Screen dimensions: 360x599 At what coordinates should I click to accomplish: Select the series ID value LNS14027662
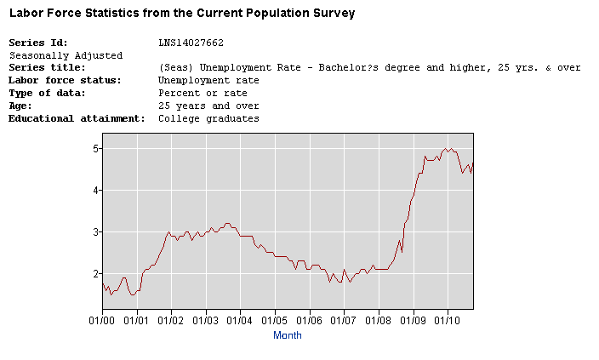pyautogui.click(x=191, y=43)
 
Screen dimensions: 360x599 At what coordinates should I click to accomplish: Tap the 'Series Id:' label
pyautogui.click(x=38, y=43)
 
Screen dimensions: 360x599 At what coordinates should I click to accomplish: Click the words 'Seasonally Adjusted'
pyautogui.click(x=66, y=55)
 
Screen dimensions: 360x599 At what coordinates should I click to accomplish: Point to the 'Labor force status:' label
pyautogui.click(x=65, y=80)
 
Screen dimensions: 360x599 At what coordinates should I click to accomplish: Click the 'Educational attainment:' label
pyautogui.click(x=77, y=118)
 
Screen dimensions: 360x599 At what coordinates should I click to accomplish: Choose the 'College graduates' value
pyautogui.click(x=208, y=118)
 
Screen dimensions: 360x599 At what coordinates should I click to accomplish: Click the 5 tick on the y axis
pyautogui.click(x=98, y=149)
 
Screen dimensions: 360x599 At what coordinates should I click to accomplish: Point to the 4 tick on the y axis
pyautogui.click(x=98, y=191)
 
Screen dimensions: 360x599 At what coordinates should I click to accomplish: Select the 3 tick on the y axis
pyautogui.click(x=98, y=232)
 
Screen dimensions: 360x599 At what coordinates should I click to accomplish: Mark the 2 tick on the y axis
pyautogui.click(x=98, y=274)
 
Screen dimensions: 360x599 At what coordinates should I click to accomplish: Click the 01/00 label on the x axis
pyautogui.click(x=102, y=320)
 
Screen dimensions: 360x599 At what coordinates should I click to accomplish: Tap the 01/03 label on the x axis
pyautogui.click(x=206, y=320)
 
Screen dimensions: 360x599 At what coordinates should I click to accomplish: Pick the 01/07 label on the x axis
pyautogui.click(x=344, y=320)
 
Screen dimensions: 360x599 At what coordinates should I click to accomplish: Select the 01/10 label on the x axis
pyautogui.click(x=448, y=320)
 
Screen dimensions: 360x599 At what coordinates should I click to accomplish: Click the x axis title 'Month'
pyautogui.click(x=287, y=335)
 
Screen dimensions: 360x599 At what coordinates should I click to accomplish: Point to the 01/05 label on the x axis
pyautogui.click(x=275, y=320)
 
